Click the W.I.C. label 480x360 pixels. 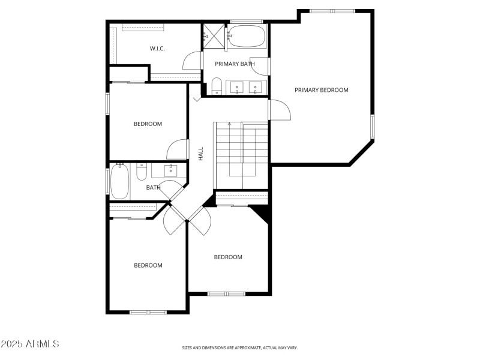coord(157,49)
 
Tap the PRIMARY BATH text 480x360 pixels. coord(235,64)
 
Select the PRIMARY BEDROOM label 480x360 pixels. coord(321,90)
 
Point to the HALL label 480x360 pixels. coord(201,154)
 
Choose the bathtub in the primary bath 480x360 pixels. coord(246,37)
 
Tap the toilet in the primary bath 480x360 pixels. coord(217,86)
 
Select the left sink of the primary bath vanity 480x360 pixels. coord(238,88)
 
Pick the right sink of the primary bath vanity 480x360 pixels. coord(256,88)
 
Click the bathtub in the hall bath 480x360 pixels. coord(119,182)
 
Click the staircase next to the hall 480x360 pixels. coord(241,155)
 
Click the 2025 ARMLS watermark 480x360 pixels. coord(29,344)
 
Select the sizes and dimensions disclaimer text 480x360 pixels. coord(240,347)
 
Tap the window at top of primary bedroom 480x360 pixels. coord(332,11)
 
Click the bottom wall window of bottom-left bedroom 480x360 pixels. coord(148,311)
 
